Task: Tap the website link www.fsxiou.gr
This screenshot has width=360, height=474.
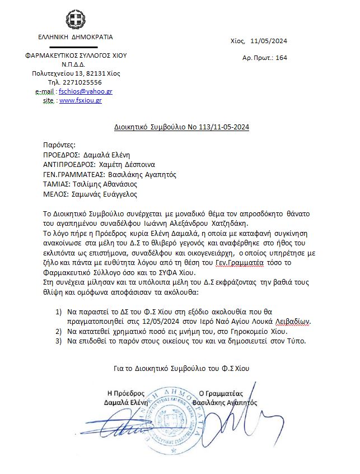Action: [80, 100]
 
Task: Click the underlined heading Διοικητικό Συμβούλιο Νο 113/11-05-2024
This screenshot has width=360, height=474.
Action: [177, 127]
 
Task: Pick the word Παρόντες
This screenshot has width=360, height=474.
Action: [59, 145]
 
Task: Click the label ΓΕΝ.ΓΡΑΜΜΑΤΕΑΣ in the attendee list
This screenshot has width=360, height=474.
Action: [73, 174]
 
